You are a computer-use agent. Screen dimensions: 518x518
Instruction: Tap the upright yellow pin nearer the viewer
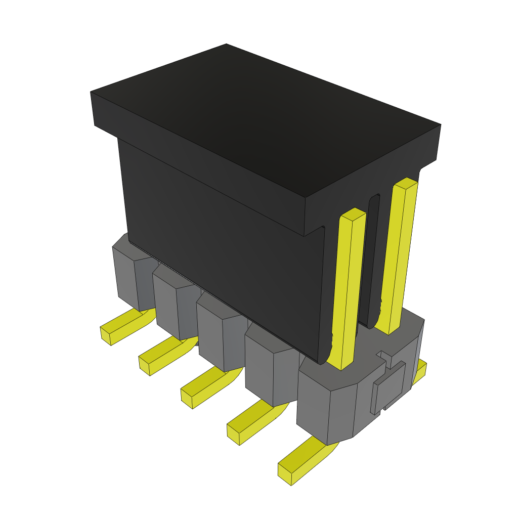[x=348, y=288]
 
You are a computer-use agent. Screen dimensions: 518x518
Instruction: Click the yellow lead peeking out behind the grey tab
[x=420, y=372]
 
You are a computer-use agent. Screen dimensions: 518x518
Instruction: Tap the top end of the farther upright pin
[x=406, y=183]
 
